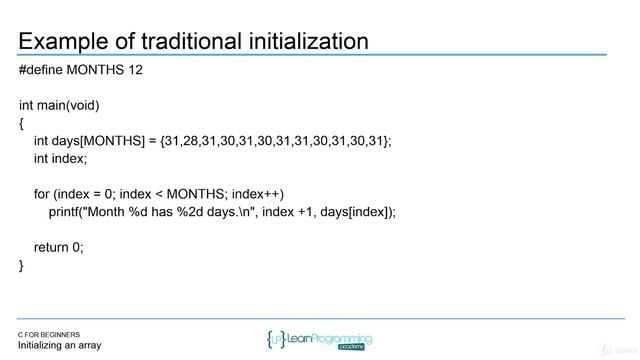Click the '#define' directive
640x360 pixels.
click(x=44, y=72)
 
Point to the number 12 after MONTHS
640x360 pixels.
click(x=147, y=72)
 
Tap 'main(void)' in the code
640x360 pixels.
click(x=71, y=106)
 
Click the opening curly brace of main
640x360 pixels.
click(x=21, y=123)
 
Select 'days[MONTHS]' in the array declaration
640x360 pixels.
click(x=101, y=141)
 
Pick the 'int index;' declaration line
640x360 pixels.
click(x=61, y=159)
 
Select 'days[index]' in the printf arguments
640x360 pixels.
click(x=357, y=211)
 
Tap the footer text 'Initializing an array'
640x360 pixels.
click(x=59, y=346)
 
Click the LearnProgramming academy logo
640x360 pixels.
click(x=320, y=340)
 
